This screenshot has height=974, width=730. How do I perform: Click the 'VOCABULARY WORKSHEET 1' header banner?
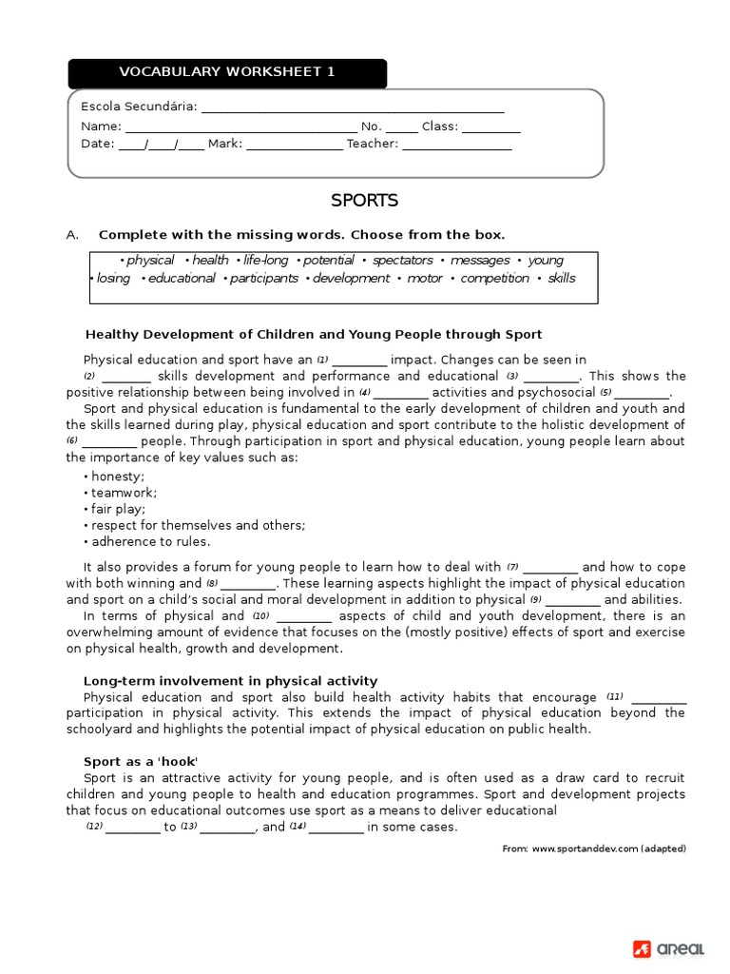pos(227,72)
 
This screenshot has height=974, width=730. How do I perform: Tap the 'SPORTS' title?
pos(364,201)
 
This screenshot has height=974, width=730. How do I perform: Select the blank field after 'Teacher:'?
pos(457,146)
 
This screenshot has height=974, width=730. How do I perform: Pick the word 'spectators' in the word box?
pos(402,261)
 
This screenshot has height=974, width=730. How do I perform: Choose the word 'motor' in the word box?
pos(425,279)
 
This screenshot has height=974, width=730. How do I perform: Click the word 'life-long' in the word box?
pos(265,261)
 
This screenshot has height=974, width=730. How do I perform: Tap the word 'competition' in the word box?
pos(495,279)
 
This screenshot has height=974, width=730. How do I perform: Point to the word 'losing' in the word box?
pos(113,279)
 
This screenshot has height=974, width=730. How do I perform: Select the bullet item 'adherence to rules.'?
pos(150,541)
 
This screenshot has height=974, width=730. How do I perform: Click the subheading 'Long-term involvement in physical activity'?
pos(230,680)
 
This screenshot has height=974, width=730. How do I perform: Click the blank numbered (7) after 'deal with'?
pos(550,568)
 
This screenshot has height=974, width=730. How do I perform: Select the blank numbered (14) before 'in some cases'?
pos(336,828)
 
